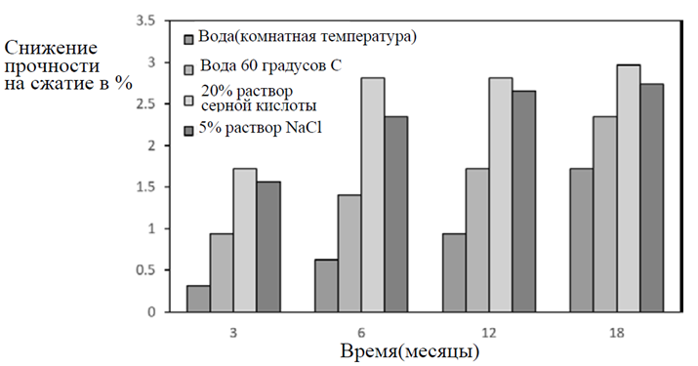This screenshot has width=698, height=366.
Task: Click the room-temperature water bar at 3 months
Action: pyautogui.click(x=198, y=299)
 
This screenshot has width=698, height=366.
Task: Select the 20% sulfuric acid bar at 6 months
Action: pyautogui.click(x=373, y=194)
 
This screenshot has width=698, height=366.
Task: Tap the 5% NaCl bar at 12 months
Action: pyautogui.click(x=524, y=201)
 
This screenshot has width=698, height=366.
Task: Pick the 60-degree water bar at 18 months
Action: pyautogui.click(x=604, y=214)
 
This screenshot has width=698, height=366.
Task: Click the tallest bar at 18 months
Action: pyautogui.click(x=629, y=188)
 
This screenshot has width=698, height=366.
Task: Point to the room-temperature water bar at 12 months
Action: pyautogui.click(x=454, y=272)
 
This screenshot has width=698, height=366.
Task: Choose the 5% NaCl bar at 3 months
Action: pyautogui.click(x=268, y=247)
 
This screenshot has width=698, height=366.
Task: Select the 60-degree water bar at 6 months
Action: pyautogui.click(x=349, y=254)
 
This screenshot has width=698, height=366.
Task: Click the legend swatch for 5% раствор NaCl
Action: pyautogui.click(x=188, y=131)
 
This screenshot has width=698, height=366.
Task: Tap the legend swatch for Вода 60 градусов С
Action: pyautogui.click(x=188, y=70)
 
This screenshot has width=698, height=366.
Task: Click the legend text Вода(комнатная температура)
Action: pyautogui.click(x=308, y=36)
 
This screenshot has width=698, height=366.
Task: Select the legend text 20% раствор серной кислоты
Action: pyautogui.click(x=259, y=99)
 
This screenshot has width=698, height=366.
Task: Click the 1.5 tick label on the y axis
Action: pyautogui.click(x=146, y=187)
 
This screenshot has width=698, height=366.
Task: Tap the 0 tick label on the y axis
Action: pyautogui.click(x=152, y=312)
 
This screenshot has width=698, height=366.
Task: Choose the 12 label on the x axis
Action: pyautogui.click(x=489, y=333)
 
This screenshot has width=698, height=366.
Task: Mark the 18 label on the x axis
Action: pyautogui.click(x=617, y=333)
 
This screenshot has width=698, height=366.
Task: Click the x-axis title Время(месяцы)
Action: pyautogui.click(x=410, y=351)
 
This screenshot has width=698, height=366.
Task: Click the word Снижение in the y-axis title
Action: pyautogui.click(x=51, y=48)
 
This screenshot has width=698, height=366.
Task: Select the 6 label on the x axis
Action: pyautogui.click(x=361, y=333)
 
